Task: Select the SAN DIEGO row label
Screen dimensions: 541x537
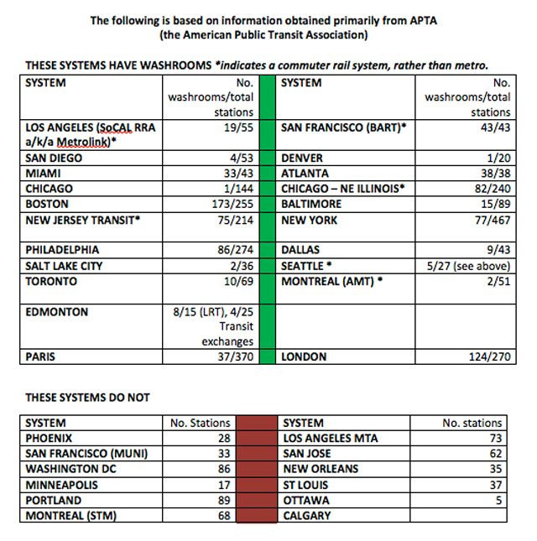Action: [x=54, y=158]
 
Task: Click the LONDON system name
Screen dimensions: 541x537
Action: [x=305, y=357]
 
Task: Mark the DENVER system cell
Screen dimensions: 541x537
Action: [x=302, y=158]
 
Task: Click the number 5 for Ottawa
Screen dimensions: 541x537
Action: [x=498, y=501]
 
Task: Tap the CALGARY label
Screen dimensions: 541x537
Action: [x=307, y=516]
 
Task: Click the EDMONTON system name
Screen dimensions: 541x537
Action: [x=57, y=312]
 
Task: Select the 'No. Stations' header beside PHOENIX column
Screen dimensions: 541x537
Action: [x=201, y=424]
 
